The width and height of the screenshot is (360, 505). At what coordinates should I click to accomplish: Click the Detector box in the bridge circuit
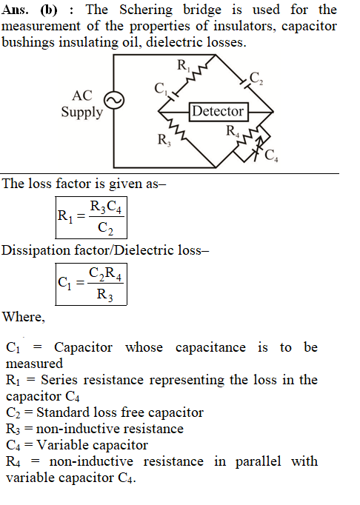coord(219,112)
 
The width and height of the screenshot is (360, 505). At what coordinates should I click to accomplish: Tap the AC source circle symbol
coord(114,101)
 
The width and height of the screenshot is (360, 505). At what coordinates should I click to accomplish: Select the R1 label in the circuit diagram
coord(184,65)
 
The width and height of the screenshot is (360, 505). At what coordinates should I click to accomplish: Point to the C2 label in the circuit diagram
coord(256,78)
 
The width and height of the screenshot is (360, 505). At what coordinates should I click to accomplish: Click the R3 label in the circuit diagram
coord(164,140)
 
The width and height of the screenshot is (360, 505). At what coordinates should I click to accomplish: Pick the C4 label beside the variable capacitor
coord(271,155)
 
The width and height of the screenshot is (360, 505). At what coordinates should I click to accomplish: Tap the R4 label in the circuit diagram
coord(233,131)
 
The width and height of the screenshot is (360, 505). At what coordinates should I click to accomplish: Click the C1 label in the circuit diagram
coord(161,88)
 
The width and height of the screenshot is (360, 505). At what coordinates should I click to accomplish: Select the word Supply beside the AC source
coord(82,113)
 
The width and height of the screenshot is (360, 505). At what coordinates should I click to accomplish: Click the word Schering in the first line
coord(146,10)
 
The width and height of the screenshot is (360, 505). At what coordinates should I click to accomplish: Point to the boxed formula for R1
coord(91,218)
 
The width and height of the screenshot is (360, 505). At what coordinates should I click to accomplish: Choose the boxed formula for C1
coord(91,284)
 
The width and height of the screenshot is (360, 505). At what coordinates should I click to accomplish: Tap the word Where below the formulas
coord(24,317)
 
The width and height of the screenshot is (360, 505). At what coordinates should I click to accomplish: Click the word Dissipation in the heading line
coord(36,250)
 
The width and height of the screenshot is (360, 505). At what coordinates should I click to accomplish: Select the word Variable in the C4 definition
coord(61,445)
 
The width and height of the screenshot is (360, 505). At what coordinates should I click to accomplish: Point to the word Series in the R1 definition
coord(59,380)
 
